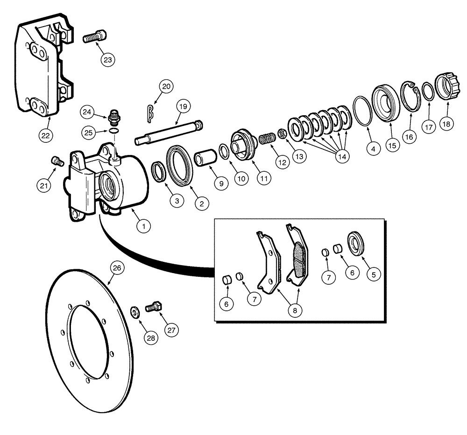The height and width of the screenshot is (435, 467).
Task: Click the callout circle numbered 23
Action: (x=108, y=60)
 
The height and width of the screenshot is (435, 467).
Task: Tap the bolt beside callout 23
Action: (x=95, y=36)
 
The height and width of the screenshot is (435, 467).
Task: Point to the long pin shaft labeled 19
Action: (x=168, y=133)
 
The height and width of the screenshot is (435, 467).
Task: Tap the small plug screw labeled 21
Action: (x=57, y=161)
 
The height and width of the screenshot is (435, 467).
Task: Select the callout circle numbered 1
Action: (x=144, y=226)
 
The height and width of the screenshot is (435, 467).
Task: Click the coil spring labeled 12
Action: (x=266, y=139)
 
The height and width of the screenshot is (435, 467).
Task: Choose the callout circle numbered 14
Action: (x=343, y=156)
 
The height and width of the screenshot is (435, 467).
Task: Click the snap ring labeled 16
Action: (x=411, y=97)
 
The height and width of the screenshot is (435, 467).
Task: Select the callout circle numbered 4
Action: (x=372, y=149)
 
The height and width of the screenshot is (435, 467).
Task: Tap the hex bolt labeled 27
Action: (x=153, y=308)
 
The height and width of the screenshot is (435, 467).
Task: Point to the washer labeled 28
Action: (x=133, y=311)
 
